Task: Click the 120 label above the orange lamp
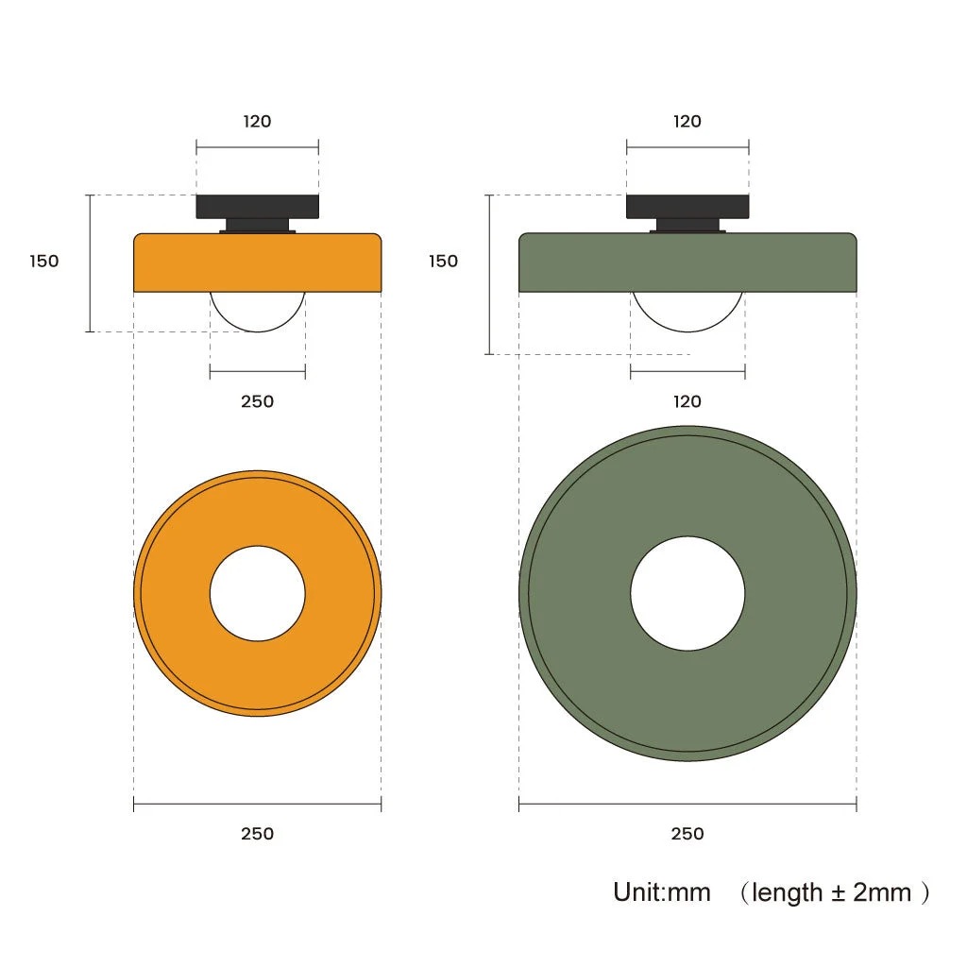(x=257, y=121)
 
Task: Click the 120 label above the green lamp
(x=687, y=121)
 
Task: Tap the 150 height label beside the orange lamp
(x=44, y=261)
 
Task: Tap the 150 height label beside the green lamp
(x=444, y=261)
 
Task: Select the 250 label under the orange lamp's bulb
(x=257, y=401)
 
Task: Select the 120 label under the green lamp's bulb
(x=687, y=401)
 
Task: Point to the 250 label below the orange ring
(x=257, y=834)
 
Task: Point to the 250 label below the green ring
(x=687, y=834)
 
